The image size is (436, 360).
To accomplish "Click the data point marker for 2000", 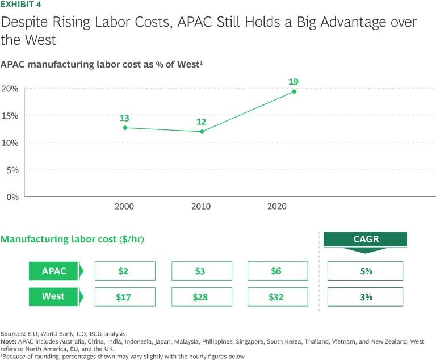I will click(x=125, y=128).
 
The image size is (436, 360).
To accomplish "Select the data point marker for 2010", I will click(x=202, y=131).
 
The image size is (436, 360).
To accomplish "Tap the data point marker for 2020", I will click(x=294, y=91).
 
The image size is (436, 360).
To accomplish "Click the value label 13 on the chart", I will click(x=124, y=118).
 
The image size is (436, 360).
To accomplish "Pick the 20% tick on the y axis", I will click(x=10, y=89).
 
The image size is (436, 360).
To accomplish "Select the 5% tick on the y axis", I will click(x=12, y=170).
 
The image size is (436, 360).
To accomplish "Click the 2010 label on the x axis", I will click(x=201, y=207).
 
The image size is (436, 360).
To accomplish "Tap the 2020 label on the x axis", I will click(x=278, y=207).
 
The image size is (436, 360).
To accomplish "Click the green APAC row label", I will click(x=54, y=271).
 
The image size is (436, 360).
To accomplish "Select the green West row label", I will click(x=54, y=297).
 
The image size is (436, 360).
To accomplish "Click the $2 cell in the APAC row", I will click(x=125, y=271).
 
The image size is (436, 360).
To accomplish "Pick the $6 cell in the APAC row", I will click(x=278, y=271).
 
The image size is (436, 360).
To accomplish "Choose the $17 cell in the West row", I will click(x=125, y=297).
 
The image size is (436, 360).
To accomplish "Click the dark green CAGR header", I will click(x=365, y=240).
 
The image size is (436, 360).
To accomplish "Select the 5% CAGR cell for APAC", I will click(x=365, y=271).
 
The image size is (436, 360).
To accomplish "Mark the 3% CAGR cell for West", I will click(x=365, y=297).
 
